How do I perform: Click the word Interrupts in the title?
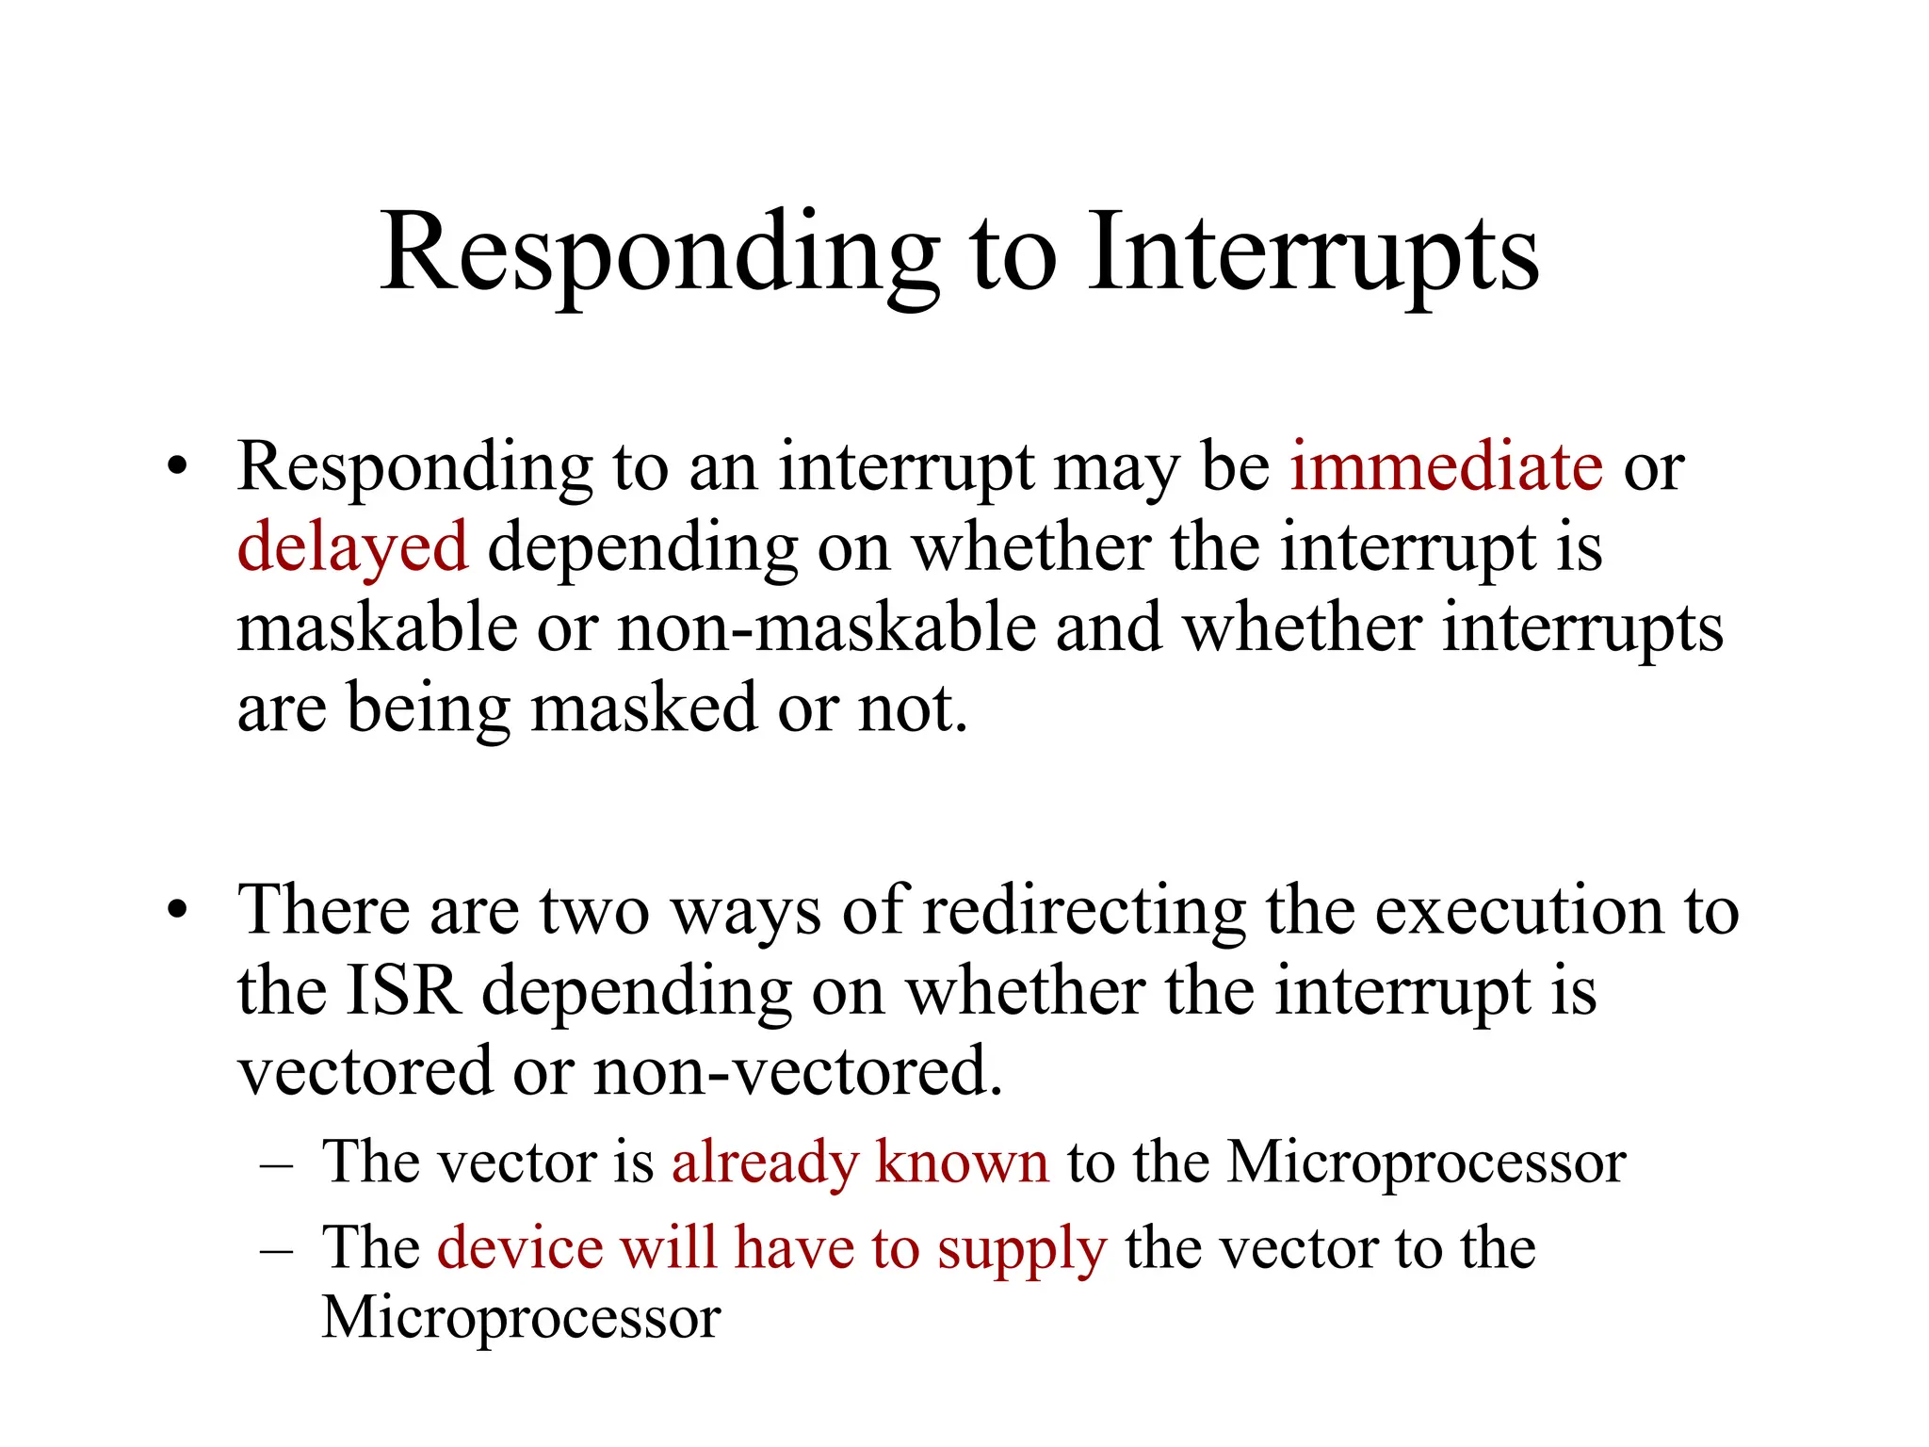tap(1313, 252)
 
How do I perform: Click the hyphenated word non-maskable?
tap(827, 627)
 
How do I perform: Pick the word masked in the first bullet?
tap(643, 707)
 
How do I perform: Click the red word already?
tap(764, 1162)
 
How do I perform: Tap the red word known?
tap(962, 1162)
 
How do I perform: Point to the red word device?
tap(520, 1248)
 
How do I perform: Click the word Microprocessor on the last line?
tap(521, 1318)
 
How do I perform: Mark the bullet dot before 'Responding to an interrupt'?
tap(177, 467)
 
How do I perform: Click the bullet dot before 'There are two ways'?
tap(177, 912)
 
